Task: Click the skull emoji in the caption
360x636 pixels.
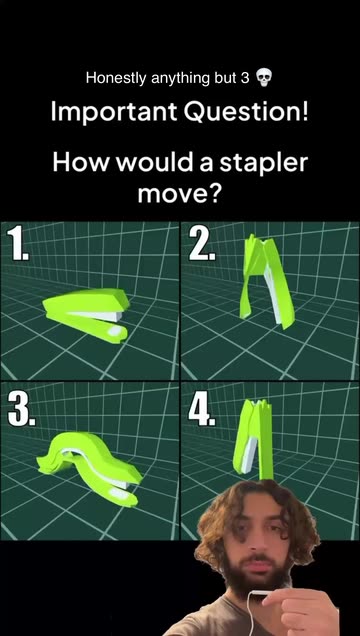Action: click(263, 77)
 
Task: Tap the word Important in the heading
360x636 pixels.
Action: click(114, 112)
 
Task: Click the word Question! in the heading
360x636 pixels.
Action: click(246, 112)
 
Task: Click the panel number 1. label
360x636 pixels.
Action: click(18, 244)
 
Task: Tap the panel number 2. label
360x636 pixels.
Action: click(202, 244)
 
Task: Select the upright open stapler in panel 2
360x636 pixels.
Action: click(266, 281)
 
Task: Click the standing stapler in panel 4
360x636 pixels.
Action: click(254, 439)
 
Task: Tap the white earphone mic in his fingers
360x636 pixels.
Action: click(260, 593)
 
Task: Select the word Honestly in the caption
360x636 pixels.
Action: click(116, 78)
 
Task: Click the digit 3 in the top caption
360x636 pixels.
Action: click(245, 77)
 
